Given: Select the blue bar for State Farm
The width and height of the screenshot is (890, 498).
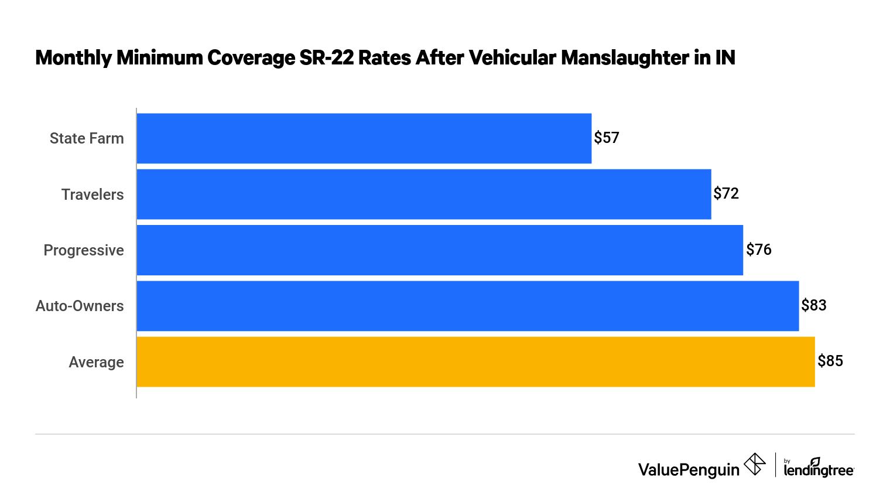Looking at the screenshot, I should click(x=364, y=138).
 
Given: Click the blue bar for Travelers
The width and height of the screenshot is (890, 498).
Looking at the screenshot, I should click(x=423, y=195).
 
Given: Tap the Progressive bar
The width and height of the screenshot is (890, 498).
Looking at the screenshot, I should click(x=440, y=250).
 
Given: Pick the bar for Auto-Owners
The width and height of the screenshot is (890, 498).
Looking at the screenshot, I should click(x=467, y=306).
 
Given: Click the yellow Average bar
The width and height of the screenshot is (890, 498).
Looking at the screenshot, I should click(x=475, y=361).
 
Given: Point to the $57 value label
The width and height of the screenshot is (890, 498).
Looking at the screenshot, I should click(x=607, y=138).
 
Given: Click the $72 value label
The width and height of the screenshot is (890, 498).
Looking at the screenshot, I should click(x=726, y=194).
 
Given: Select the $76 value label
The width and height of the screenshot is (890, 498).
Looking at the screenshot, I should click(x=759, y=250).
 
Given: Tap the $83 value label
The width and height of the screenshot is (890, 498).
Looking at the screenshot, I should click(x=814, y=305).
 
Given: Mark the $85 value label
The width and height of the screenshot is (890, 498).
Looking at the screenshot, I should click(x=830, y=361).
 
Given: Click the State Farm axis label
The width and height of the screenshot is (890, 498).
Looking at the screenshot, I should click(x=87, y=138).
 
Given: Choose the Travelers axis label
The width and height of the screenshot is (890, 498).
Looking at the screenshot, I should click(x=93, y=195).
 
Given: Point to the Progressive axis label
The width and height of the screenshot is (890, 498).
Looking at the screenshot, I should click(x=84, y=250).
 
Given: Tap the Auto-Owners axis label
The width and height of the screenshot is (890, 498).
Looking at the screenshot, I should click(x=80, y=306).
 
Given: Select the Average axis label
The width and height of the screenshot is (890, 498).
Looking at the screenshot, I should click(x=96, y=362).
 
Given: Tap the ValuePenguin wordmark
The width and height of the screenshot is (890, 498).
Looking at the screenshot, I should click(x=689, y=469).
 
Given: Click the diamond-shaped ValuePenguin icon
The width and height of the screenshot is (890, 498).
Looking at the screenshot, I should click(x=755, y=465).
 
